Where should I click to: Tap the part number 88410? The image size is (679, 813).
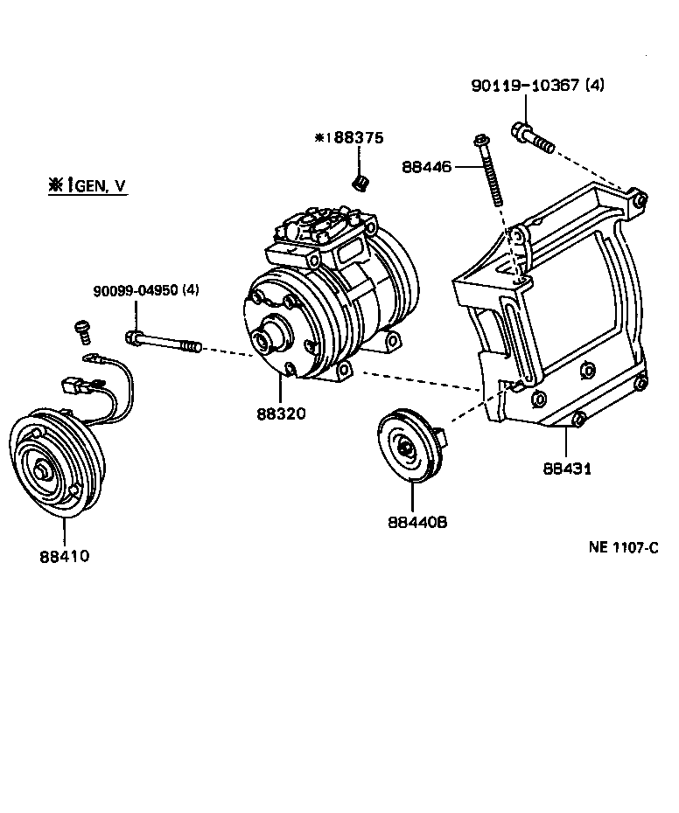[x=64, y=555]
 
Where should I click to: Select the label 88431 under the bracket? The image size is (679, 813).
[x=567, y=468]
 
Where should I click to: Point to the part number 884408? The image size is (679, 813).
[x=417, y=522]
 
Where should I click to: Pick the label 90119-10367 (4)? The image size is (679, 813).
[x=537, y=86]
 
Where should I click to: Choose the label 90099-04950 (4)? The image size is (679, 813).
[x=146, y=290]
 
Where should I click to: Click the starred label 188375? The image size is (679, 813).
[x=350, y=138]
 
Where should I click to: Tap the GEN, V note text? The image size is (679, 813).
[x=87, y=185]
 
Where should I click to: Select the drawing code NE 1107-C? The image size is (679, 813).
[x=622, y=548]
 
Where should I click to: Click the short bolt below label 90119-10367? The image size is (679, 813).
[x=530, y=137]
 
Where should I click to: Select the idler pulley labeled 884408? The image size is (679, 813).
[x=406, y=448]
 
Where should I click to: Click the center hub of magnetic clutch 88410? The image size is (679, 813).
[x=41, y=472]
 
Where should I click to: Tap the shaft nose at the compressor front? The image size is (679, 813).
[x=264, y=336]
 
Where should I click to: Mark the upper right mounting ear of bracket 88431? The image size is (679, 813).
[x=639, y=202]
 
